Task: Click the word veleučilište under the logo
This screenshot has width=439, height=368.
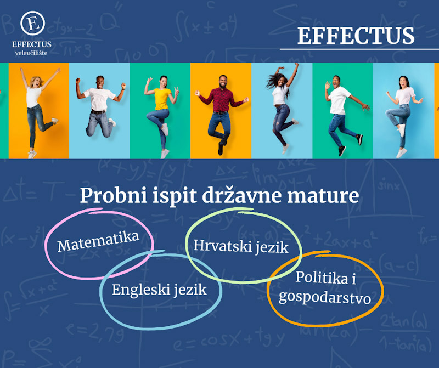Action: tap(32, 53)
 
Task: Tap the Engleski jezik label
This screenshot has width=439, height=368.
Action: tap(159, 289)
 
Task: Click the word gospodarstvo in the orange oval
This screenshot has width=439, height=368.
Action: tap(325, 298)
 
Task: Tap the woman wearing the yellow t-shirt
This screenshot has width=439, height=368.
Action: tap(161, 112)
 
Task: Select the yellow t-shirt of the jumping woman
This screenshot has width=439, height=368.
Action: tap(162, 99)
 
